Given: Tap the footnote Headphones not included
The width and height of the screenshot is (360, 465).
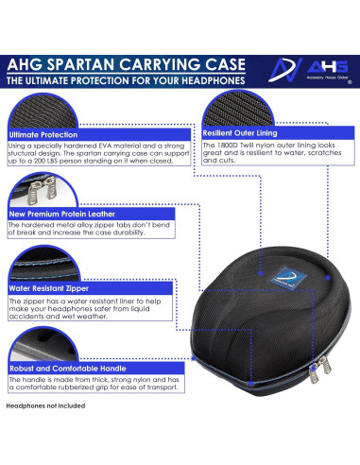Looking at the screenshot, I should (45, 405).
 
